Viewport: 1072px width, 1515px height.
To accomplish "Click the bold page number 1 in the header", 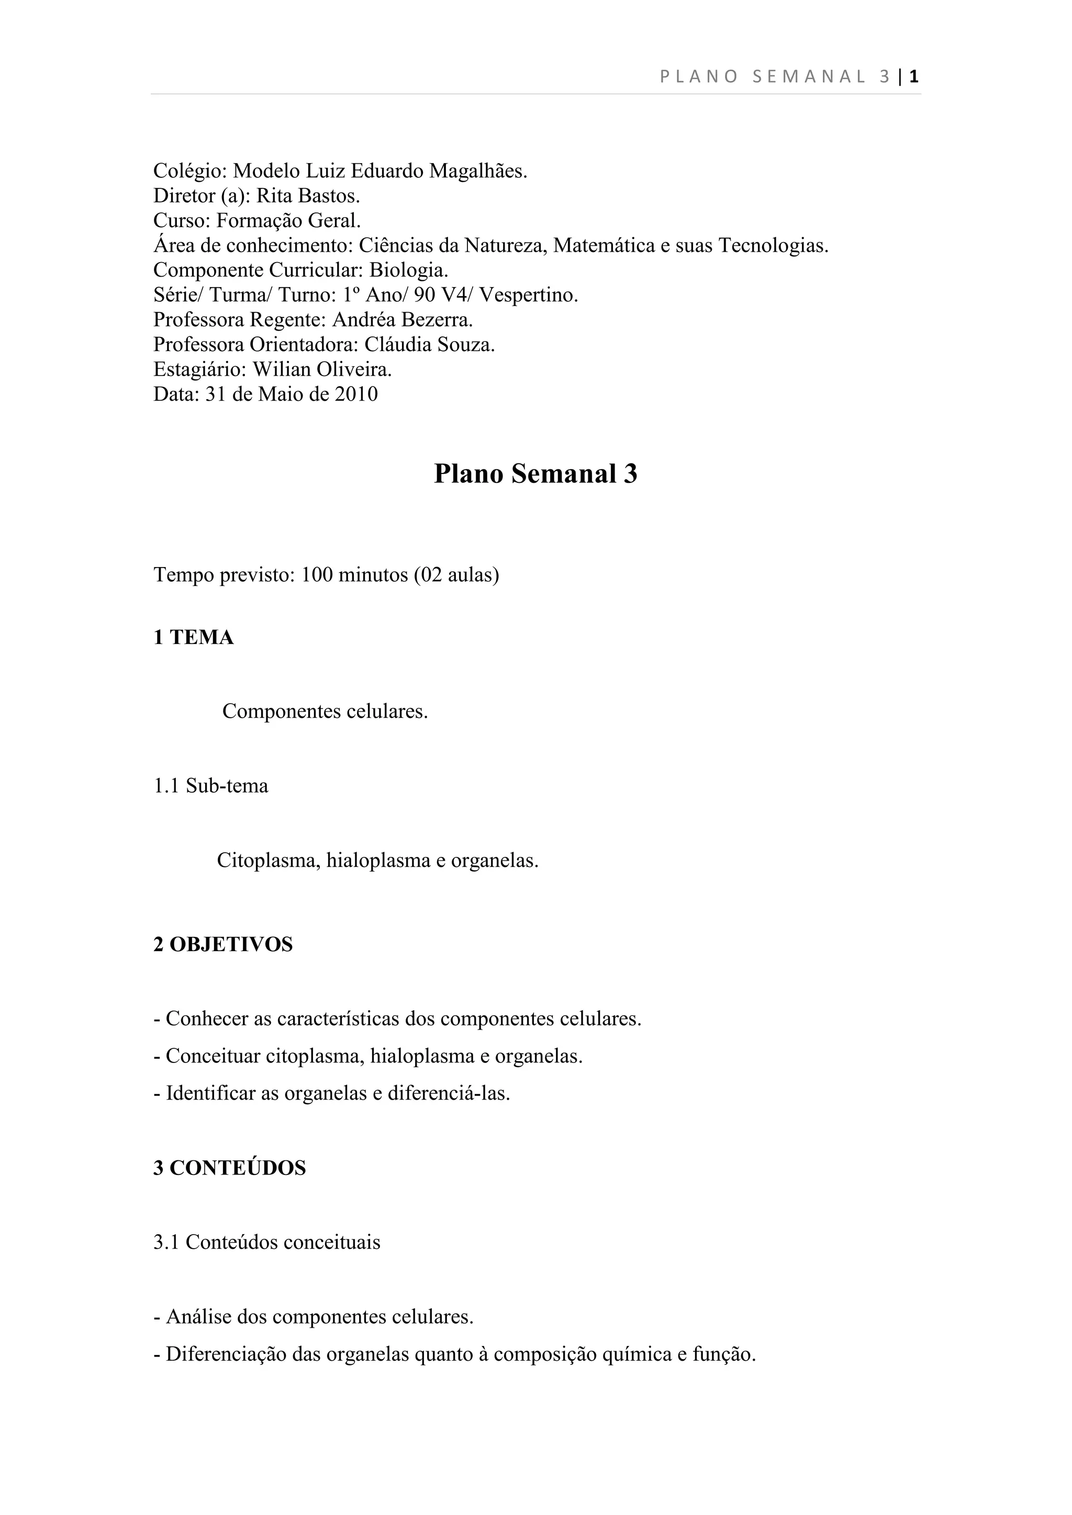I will coord(914,77).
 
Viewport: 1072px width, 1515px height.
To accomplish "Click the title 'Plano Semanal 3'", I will coord(535,474).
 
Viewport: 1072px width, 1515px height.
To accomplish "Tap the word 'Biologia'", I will coord(408,270).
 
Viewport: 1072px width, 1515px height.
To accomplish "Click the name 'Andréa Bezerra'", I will coord(402,320).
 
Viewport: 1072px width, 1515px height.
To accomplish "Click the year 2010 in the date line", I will coord(356,394).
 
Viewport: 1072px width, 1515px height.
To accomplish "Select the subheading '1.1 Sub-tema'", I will coord(211,786).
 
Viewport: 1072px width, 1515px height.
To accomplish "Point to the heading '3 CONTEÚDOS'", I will coord(230,1169).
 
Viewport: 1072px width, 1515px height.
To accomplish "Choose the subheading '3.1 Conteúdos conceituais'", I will coord(267,1242).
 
